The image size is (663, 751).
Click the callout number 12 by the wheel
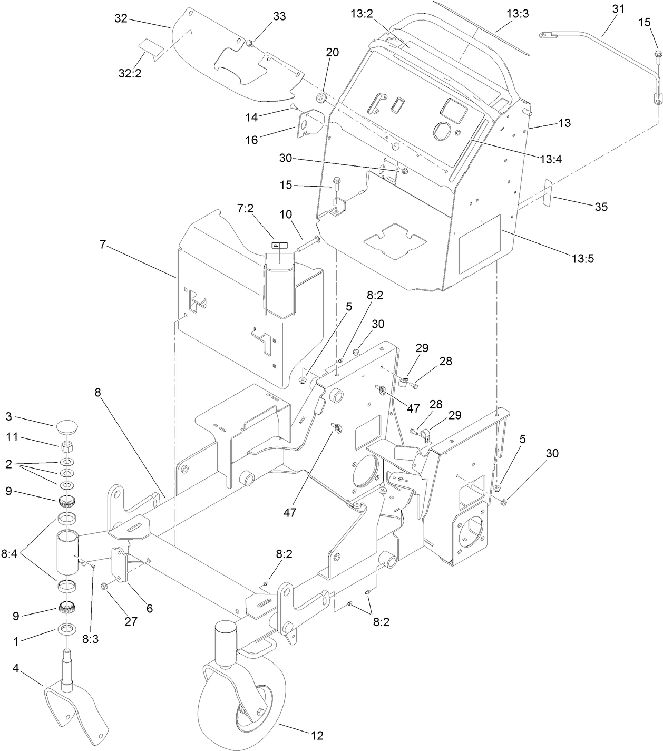[317, 735]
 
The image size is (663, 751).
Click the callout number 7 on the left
[103, 244]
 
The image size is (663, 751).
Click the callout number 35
[600, 207]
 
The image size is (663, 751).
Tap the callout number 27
[131, 621]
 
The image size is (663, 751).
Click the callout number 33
[279, 16]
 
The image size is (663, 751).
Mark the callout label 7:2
[246, 209]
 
